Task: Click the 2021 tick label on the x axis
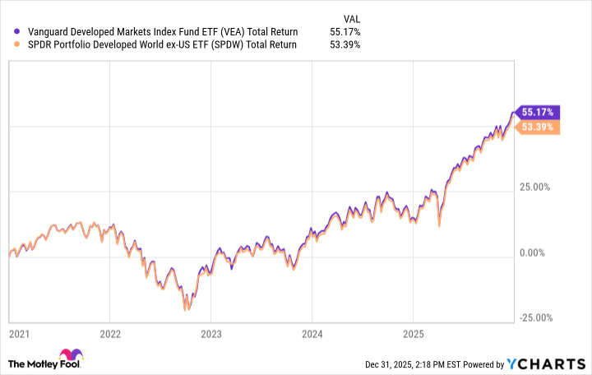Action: [x=18, y=335]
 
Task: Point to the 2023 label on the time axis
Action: [x=210, y=335]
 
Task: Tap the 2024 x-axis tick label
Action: [x=312, y=335]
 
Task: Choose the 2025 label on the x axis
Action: [x=413, y=335]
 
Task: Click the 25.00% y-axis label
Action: [x=539, y=187]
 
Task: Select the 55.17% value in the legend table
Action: [x=344, y=32]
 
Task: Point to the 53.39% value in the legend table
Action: [x=344, y=44]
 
